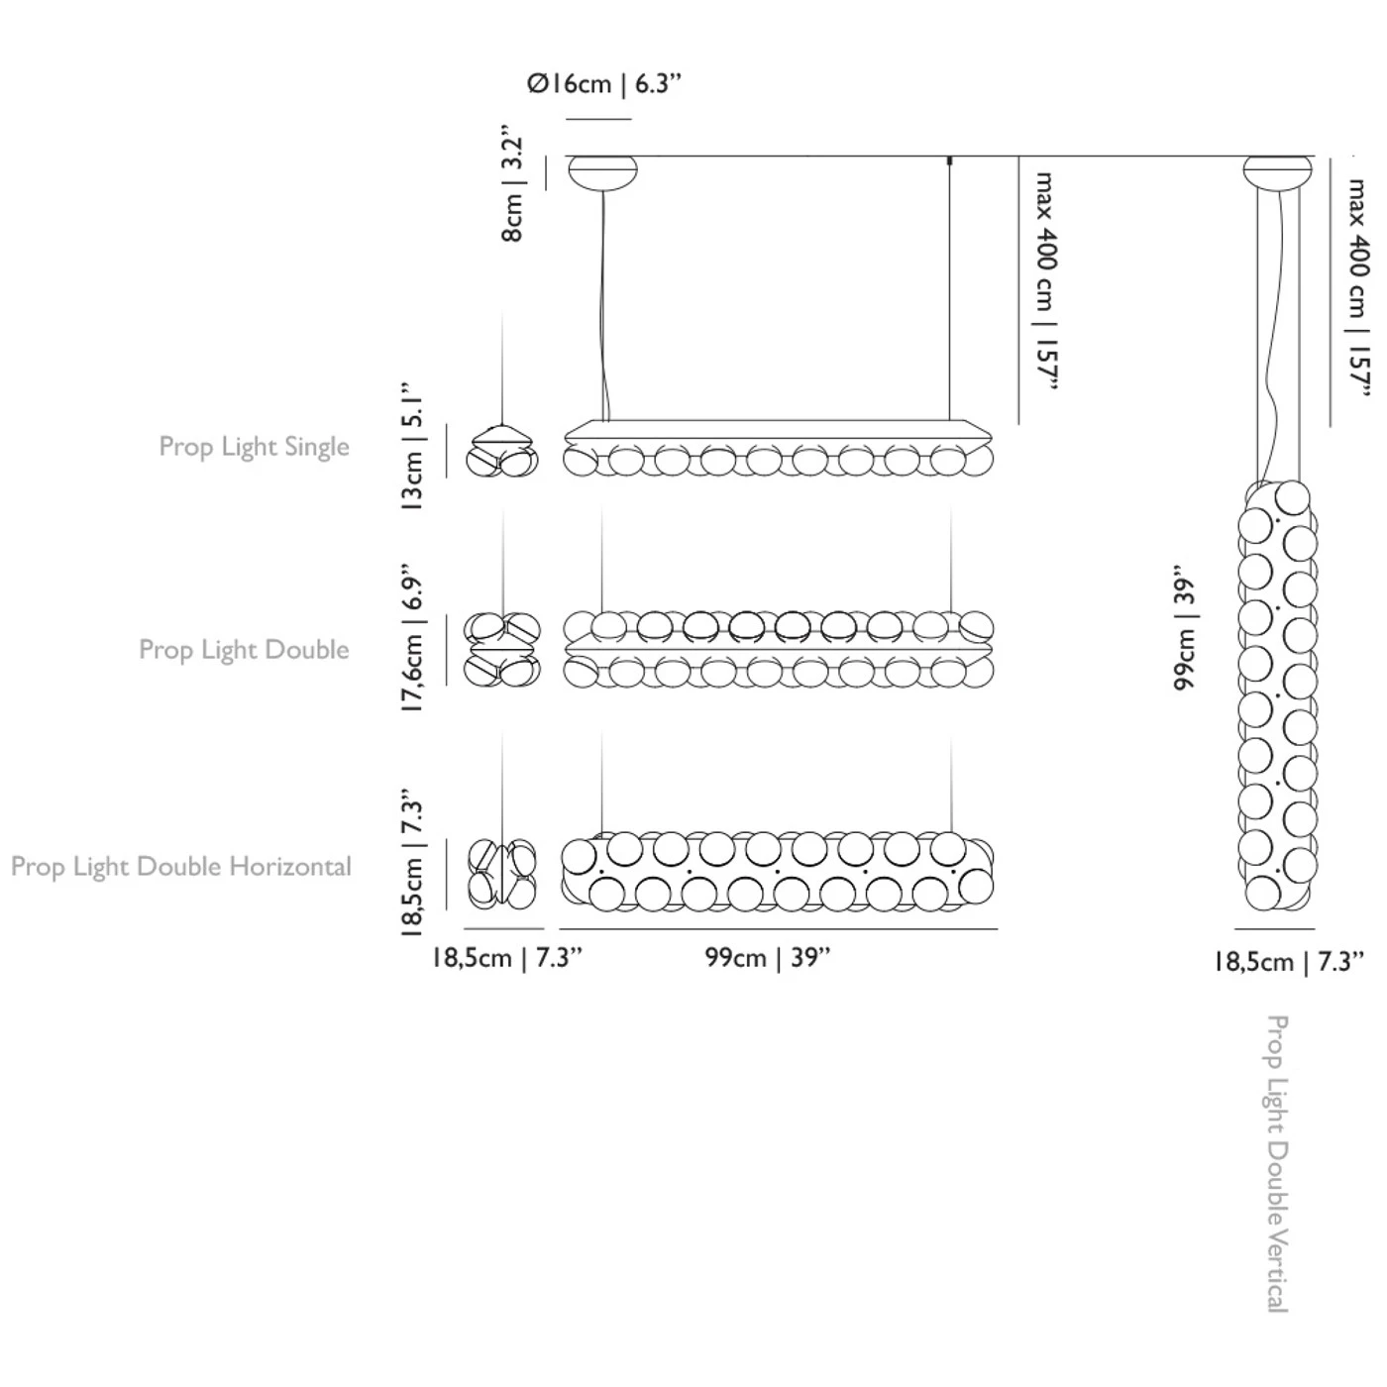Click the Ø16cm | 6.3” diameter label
point(604,84)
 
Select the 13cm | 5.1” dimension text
point(414,446)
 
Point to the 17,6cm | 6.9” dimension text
point(414,638)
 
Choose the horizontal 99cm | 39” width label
point(768,958)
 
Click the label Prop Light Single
point(254,447)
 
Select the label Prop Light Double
point(244,650)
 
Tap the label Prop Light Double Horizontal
point(180,867)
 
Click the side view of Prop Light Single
point(502,450)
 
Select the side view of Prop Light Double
point(502,649)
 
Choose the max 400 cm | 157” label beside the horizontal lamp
point(1046,281)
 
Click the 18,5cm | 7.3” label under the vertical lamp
point(1288,962)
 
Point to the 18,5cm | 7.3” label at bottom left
point(506,958)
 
